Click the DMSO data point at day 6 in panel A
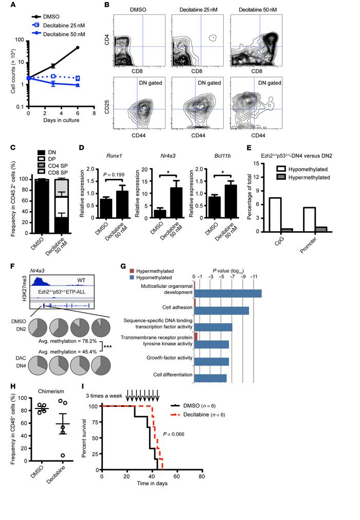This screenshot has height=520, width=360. (x=78, y=48)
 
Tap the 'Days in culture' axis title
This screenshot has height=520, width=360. (x=61, y=120)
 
